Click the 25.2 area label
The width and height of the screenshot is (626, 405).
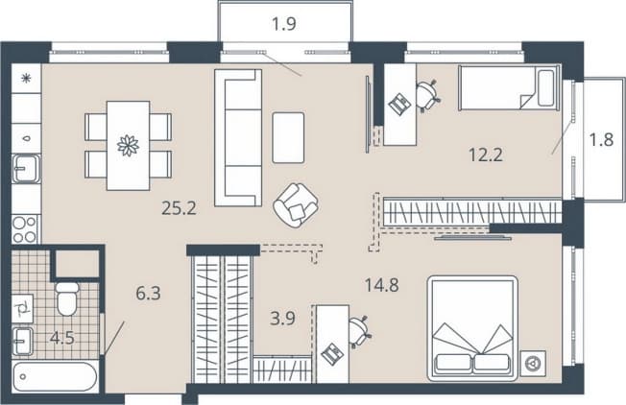179,208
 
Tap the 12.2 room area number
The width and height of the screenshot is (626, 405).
486,155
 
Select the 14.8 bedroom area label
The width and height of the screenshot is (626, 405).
382,285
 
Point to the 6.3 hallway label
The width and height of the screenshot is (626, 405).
148,294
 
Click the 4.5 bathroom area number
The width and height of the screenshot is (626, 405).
62,339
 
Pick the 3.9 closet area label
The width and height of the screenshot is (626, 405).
282,319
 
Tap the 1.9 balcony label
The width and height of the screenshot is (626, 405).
284,24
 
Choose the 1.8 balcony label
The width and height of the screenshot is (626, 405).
601,140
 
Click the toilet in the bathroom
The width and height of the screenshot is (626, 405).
66,299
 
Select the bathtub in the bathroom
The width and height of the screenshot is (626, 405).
55,376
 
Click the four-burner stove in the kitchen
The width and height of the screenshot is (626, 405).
25,229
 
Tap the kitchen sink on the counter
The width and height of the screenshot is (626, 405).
26,169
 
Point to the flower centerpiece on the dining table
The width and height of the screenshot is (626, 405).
128,145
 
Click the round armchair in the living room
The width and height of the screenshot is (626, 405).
296,205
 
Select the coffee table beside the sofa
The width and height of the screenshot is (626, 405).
288,137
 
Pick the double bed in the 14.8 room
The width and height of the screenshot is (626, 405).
472,328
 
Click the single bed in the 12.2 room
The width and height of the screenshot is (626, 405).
509,87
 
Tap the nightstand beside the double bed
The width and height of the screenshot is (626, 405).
533,363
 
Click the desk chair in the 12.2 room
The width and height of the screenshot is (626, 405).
428,96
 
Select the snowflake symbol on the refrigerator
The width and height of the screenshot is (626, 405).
26,79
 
